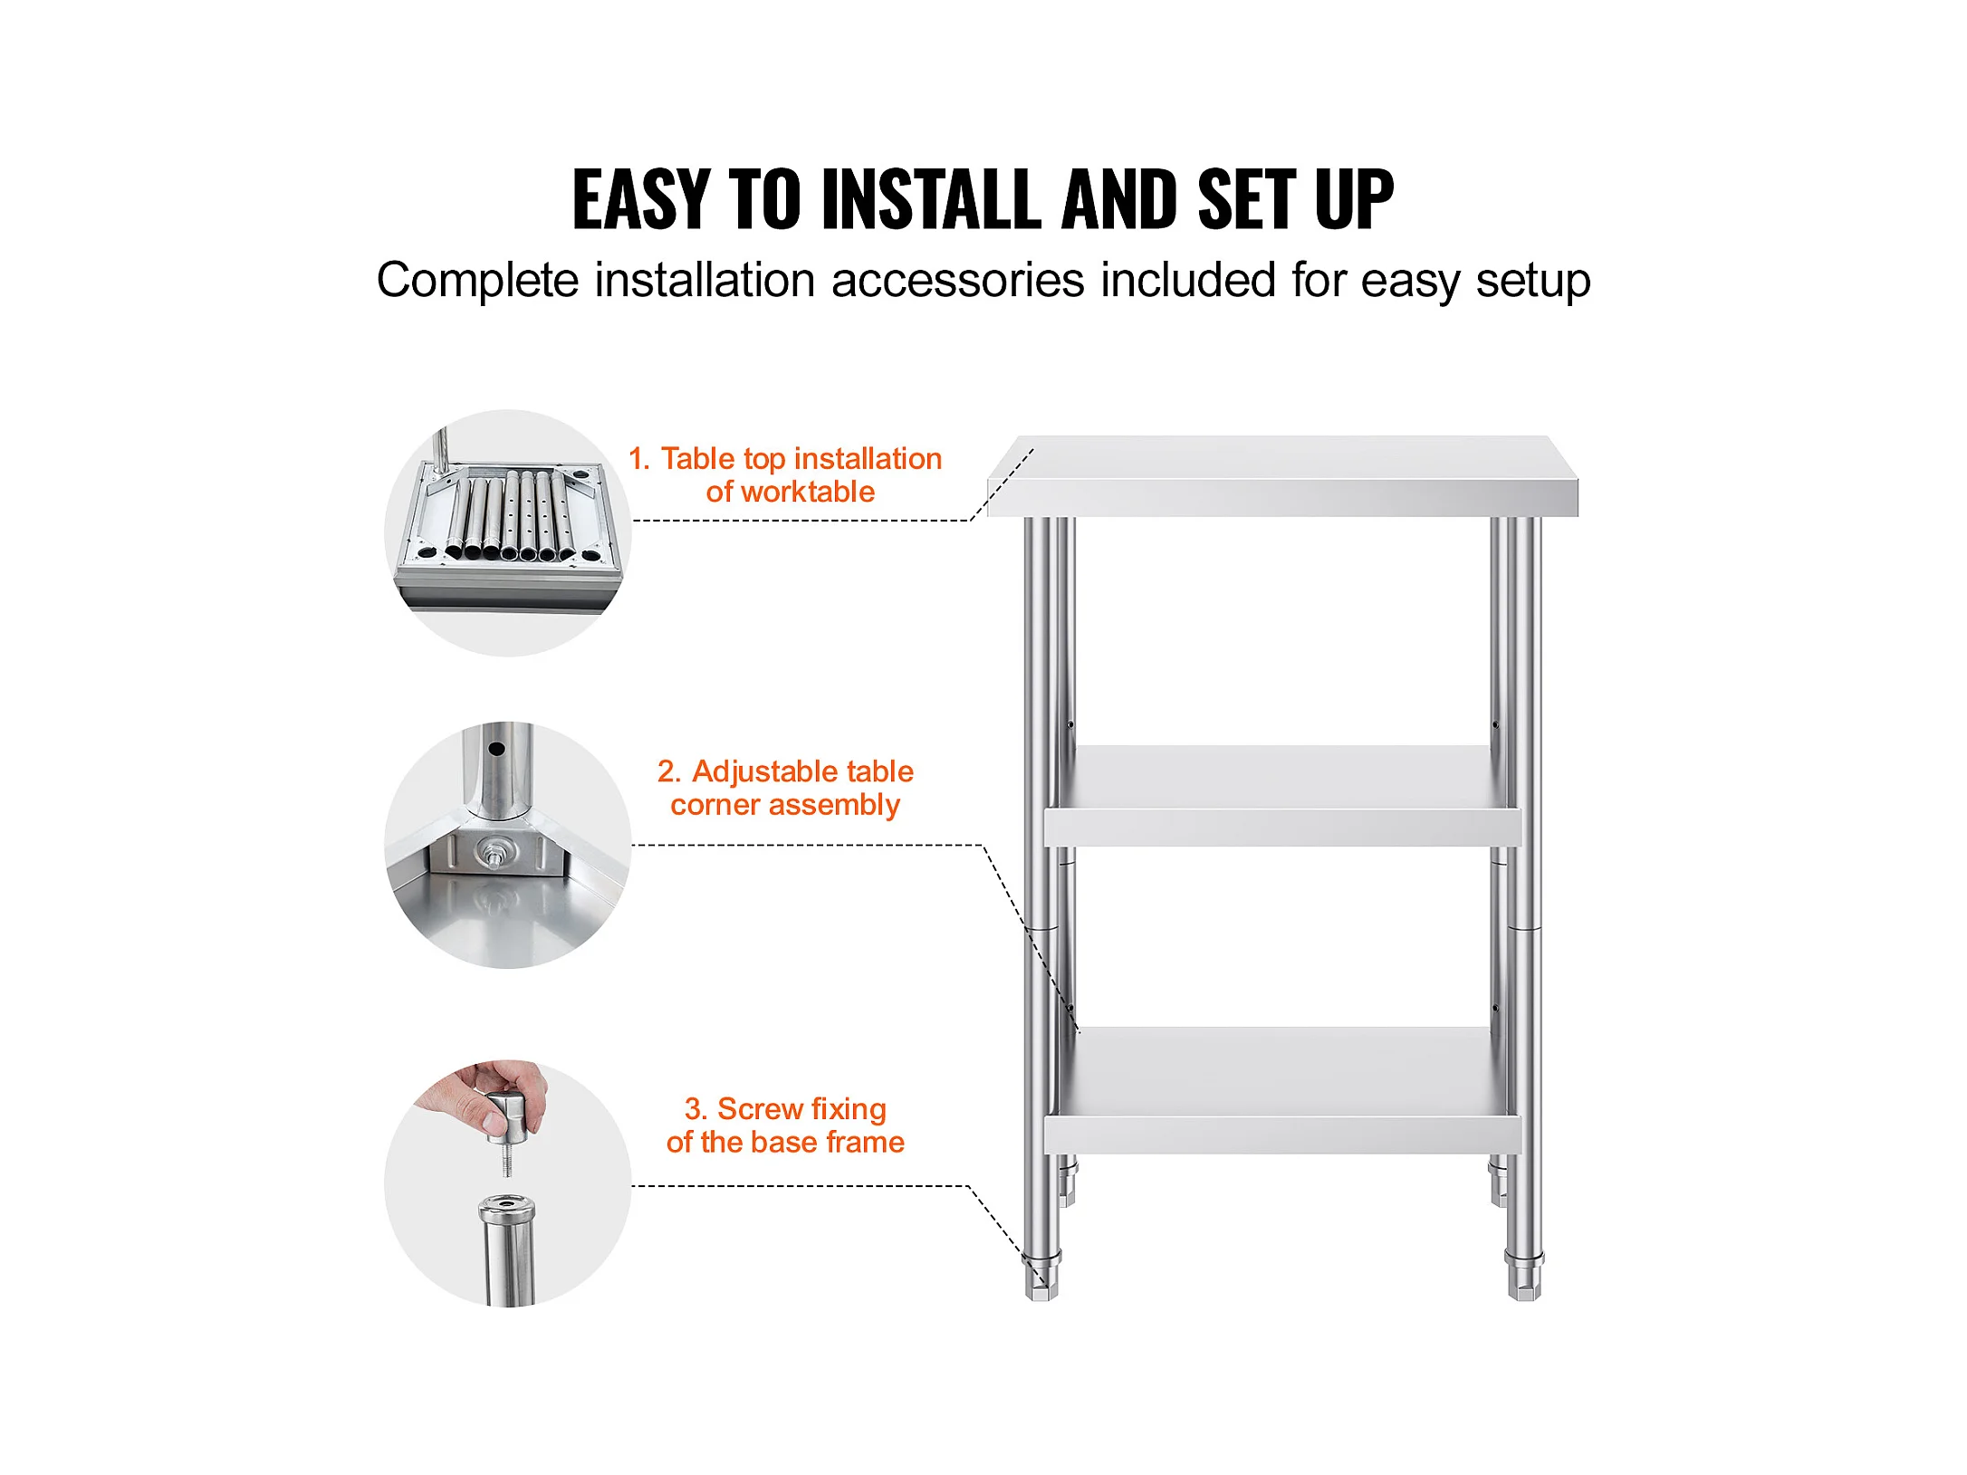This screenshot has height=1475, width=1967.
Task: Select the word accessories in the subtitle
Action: pos(958,280)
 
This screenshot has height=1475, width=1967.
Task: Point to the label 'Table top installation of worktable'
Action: pos(786,474)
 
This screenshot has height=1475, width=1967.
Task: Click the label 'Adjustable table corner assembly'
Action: pos(785,788)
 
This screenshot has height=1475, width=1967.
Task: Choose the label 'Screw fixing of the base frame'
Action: pos(785,1125)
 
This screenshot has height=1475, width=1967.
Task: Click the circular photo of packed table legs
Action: pos(508,533)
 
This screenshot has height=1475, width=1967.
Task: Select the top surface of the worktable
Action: pos(1283,476)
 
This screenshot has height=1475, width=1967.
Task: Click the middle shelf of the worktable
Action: pos(1282,796)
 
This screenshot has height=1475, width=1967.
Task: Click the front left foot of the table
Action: pos(1041,1276)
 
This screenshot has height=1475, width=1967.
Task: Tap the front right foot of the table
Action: pos(1525,1276)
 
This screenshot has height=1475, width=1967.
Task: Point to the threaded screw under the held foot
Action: pos(506,1160)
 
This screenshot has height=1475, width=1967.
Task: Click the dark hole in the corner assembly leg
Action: pos(496,750)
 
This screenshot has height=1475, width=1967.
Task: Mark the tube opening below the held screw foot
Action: pos(507,1208)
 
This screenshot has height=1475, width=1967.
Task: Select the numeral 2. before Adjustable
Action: pos(668,771)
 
